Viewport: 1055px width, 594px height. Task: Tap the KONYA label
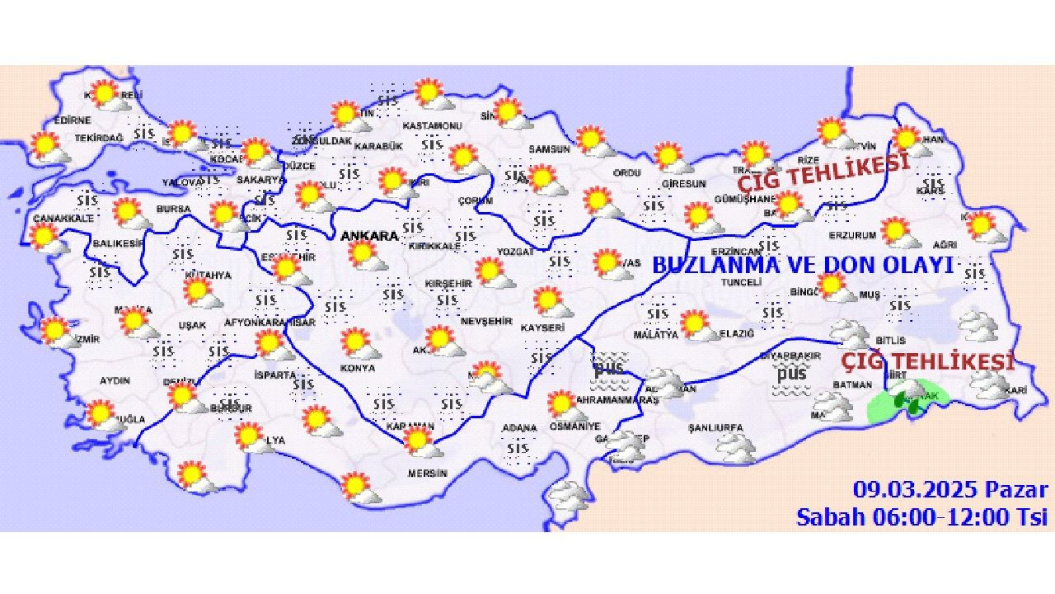pyautogui.click(x=358, y=368)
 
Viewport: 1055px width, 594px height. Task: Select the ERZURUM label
pyautogui.click(x=852, y=235)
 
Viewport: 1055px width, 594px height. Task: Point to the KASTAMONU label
pyautogui.click(x=432, y=125)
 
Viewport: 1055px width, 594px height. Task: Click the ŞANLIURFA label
pyautogui.click(x=715, y=427)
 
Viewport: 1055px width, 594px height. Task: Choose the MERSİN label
pyautogui.click(x=427, y=474)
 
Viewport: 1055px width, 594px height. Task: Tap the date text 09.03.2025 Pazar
pyautogui.click(x=950, y=490)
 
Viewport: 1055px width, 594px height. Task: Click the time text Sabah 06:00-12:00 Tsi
pyautogui.click(x=921, y=517)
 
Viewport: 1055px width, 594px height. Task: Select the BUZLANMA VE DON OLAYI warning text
pyautogui.click(x=803, y=266)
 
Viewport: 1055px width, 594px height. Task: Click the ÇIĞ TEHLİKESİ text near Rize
pyautogui.click(x=823, y=171)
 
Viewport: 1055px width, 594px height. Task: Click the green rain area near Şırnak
pyautogui.click(x=907, y=399)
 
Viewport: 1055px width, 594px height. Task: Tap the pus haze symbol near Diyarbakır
pyautogui.click(x=792, y=377)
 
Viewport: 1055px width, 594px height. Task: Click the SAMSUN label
pyautogui.click(x=549, y=149)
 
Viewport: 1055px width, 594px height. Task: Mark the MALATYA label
pyautogui.click(x=655, y=334)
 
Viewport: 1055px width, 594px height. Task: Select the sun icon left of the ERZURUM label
pyautogui.click(x=898, y=232)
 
